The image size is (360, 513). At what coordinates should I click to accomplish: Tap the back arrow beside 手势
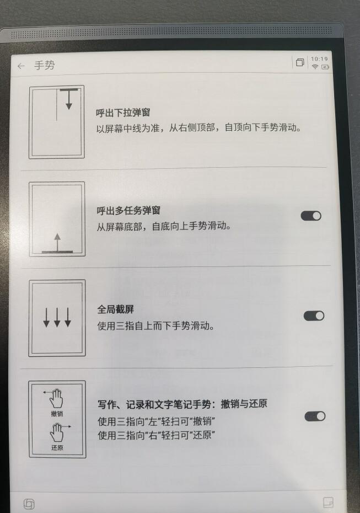21,66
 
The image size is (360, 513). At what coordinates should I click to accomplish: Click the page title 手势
45,66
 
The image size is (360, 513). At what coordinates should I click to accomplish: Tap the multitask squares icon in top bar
300,63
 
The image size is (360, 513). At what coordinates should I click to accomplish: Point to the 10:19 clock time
319,58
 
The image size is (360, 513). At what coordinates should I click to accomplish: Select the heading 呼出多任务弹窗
124,211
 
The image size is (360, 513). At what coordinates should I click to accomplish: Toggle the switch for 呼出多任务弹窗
311,216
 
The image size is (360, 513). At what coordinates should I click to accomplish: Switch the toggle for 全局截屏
314,316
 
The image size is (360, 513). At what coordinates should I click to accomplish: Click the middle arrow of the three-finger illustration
57,317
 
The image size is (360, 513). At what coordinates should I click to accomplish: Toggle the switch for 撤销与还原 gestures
314,416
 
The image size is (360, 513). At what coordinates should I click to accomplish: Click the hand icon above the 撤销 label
57,398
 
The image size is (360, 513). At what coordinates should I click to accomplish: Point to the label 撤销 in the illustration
56,413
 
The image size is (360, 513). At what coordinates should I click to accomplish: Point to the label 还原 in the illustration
56,447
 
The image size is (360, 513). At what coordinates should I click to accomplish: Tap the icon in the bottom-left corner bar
29,503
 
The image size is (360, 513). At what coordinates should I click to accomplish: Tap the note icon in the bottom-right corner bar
328,503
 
